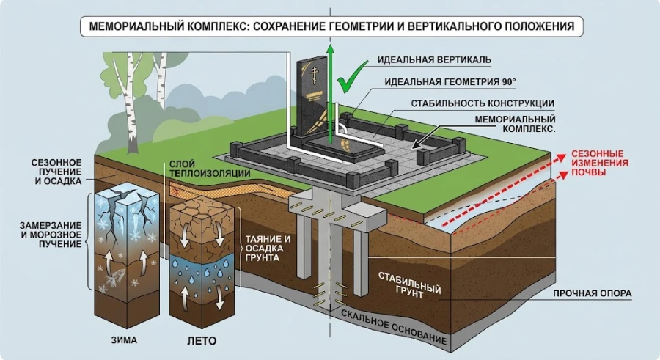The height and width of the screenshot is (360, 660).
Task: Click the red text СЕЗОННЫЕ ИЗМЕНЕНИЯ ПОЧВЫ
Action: [x=599, y=164]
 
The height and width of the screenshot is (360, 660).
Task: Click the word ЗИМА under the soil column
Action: [x=124, y=341]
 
